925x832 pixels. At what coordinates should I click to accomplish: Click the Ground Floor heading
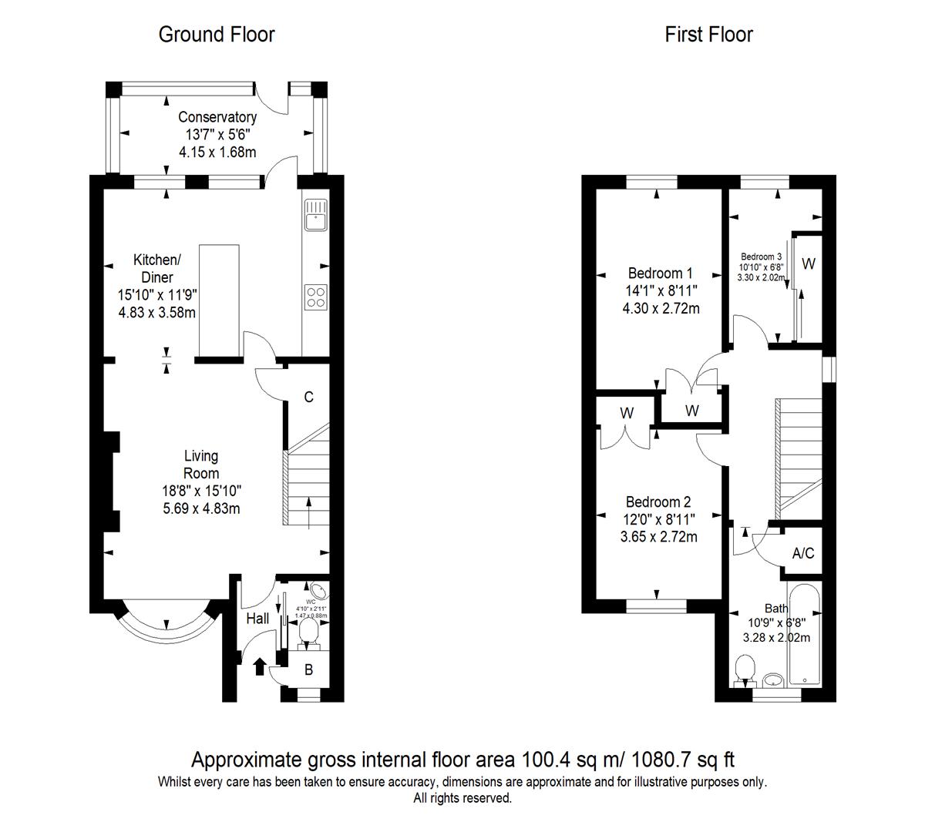(216, 35)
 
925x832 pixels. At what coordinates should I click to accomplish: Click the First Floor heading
(708, 35)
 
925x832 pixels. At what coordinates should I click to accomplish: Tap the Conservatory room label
(217, 118)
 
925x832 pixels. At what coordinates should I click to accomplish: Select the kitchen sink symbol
(316, 215)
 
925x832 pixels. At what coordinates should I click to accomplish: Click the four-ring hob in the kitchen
(316, 296)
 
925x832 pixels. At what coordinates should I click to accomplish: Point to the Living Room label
(200, 465)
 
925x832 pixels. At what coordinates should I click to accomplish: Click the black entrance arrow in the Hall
(259, 666)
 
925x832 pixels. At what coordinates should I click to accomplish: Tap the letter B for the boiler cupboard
(308, 670)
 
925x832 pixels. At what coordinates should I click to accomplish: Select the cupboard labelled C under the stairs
(308, 398)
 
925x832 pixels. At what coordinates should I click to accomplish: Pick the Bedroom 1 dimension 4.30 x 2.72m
(661, 309)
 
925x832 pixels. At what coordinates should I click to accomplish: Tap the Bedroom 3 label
(761, 257)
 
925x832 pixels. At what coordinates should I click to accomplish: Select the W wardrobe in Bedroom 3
(808, 264)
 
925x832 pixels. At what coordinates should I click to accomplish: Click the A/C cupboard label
(803, 553)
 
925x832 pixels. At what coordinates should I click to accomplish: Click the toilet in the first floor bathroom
(745, 668)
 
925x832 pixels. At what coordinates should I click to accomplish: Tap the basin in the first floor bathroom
(774, 679)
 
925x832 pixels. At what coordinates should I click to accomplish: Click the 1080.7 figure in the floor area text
(661, 760)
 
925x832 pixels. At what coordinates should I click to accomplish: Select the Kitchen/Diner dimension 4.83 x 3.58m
(156, 313)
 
